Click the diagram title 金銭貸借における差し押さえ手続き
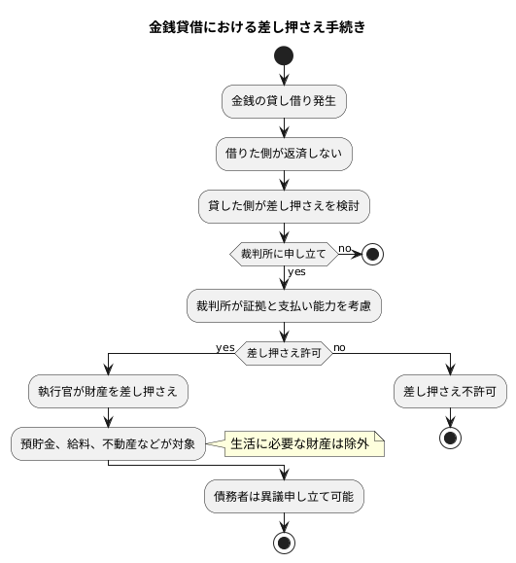[x=258, y=27]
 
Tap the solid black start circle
[x=285, y=55]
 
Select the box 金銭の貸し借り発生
[x=285, y=100]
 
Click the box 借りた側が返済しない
[x=285, y=153]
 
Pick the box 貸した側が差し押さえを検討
[x=285, y=205]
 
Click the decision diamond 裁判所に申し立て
[x=284, y=255]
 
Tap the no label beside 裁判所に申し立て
[x=344, y=248]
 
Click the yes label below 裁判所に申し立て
[x=296, y=271]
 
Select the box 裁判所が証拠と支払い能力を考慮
[x=285, y=306]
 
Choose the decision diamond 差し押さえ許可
[x=284, y=353]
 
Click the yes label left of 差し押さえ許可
[x=225, y=347]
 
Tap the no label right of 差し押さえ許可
[x=339, y=347]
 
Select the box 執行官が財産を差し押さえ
[x=108, y=392]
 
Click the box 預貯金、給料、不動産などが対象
[x=108, y=443]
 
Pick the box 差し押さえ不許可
[x=451, y=392]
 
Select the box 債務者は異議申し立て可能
[x=285, y=496]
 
